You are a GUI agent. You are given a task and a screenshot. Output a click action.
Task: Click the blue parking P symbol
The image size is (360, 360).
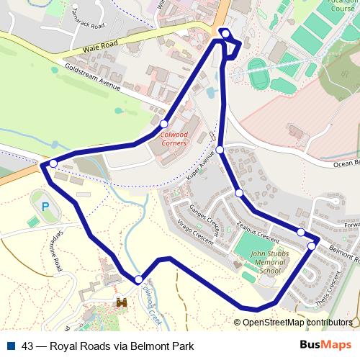click(x=45, y=207)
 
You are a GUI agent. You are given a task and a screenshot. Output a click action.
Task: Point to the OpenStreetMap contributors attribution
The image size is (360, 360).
click(x=297, y=323)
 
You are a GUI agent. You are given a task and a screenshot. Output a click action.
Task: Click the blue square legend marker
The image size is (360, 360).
click(x=12, y=346)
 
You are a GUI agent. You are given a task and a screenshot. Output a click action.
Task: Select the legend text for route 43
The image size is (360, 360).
click(x=108, y=346)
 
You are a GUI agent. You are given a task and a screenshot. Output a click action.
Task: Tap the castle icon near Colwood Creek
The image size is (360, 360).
click(x=121, y=304)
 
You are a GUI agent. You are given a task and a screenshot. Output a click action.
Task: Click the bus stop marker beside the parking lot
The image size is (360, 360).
click(x=53, y=164)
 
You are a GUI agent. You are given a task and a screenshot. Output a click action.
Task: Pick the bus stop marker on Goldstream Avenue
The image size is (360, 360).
click(x=164, y=123)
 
